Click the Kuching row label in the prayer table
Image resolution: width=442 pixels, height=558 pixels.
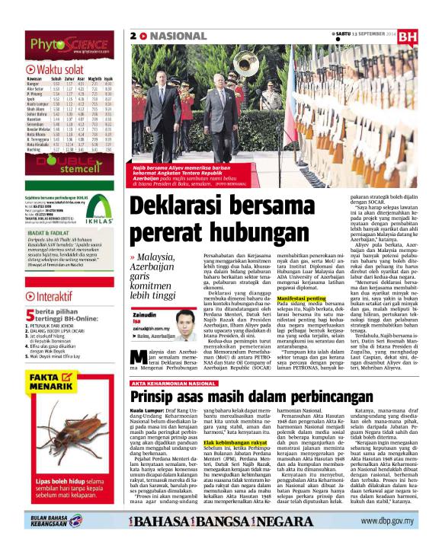pyautogui.click(x=34, y=150)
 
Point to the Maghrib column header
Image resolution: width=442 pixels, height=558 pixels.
pyautogui.click(x=92, y=79)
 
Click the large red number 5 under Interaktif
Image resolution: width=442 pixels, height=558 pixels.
pyautogui.click(x=29, y=293)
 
